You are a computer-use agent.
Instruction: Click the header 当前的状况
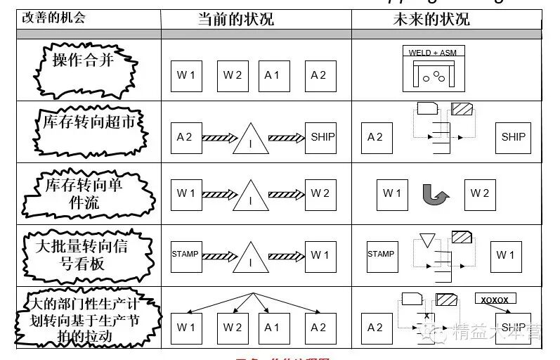[x=235, y=19]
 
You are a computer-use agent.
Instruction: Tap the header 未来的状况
[x=431, y=19]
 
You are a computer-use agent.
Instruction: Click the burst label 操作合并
[x=83, y=60]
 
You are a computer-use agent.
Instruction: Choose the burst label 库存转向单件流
[x=83, y=194]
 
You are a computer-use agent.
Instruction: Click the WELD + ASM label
[x=429, y=53]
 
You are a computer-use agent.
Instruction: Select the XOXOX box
[x=495, y=300]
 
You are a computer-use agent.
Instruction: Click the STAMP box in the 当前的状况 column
[x=185, y=255]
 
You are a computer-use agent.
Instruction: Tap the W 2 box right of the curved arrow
[x=480, y=194]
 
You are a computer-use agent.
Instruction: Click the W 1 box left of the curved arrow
[x=392, y=194]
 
